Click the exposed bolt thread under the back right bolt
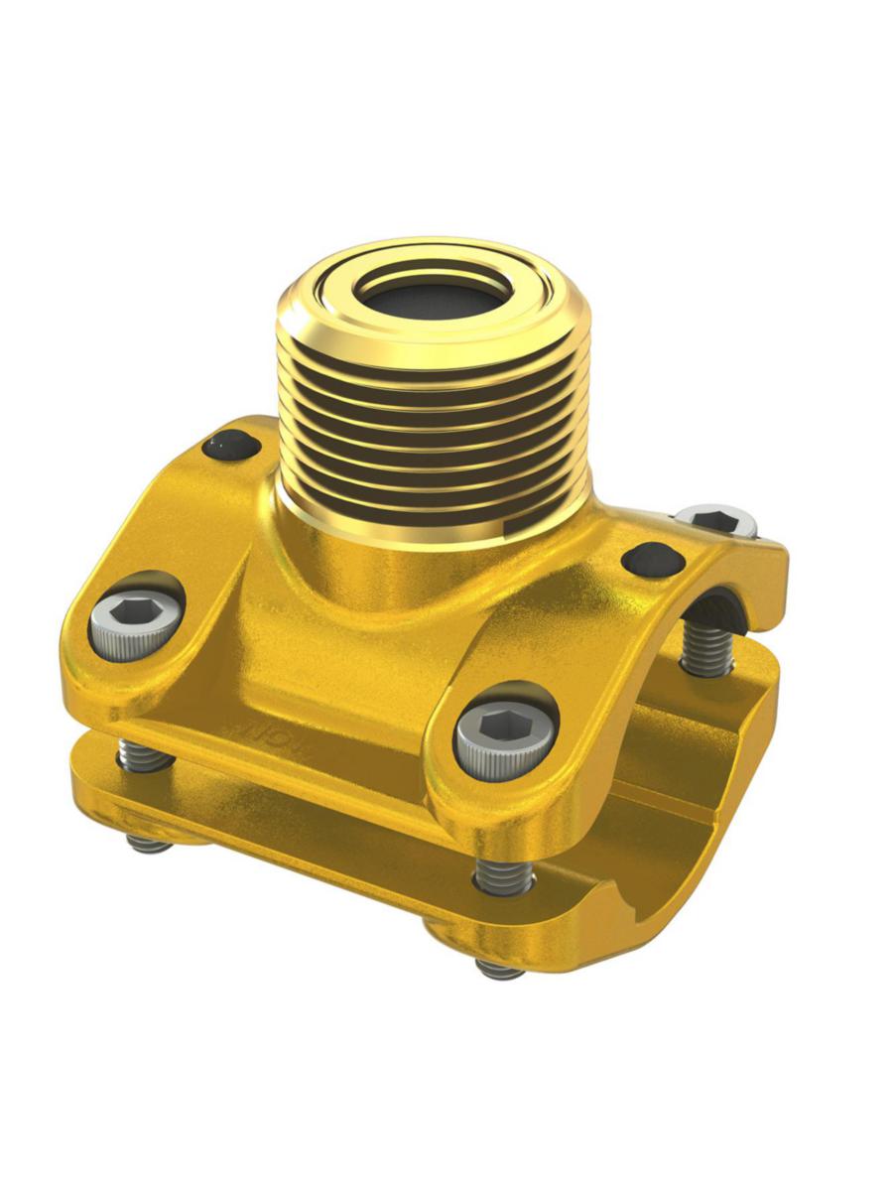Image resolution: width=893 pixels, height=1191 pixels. point(706,650)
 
